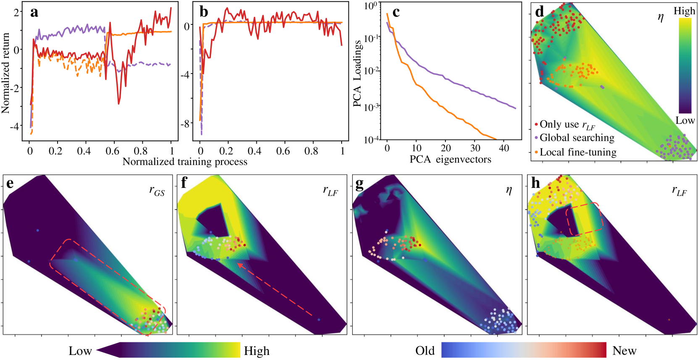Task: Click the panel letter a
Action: [34, 12]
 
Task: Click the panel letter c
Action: [395, 12]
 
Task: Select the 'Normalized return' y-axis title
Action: [5, 74]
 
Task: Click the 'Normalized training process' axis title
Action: [185, 162]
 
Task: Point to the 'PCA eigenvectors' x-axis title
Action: [450, 160]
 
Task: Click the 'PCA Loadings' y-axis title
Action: [357, 74]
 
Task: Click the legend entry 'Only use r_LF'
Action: [567, 124]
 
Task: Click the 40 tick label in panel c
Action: [504, 148]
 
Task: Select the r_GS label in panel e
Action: [157, 191]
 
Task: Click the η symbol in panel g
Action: [509, 190]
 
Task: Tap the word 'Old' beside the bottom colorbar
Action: [425, 351]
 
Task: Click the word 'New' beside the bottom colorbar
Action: [624, 351]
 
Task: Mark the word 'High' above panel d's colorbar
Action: [684, 11]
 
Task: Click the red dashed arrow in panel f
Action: [275, 289]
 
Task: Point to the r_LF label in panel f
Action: [330, 191]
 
